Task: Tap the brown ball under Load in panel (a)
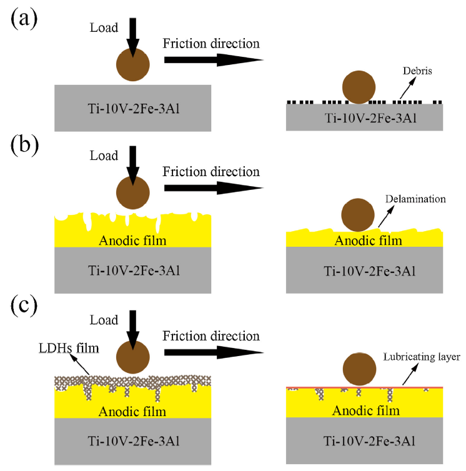coord(133,64)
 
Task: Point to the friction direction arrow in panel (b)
coord(212,188)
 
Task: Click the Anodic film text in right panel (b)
coord(364,239)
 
